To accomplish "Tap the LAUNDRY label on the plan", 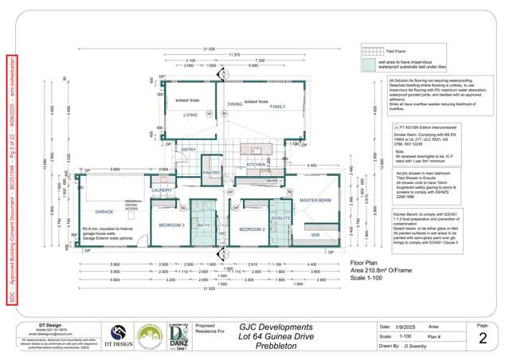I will (162, 190).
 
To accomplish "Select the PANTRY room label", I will (211, 172).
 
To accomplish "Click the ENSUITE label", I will (280, 217).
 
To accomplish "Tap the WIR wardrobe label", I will (315, 234).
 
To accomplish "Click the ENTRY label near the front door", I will (189, 149).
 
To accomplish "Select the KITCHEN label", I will (256, 164).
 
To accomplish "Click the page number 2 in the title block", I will (483, 338).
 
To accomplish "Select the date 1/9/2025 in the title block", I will (421, 327).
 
